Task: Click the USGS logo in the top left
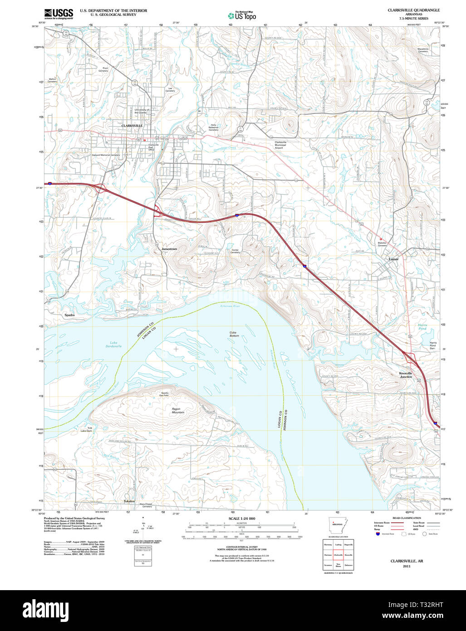59,14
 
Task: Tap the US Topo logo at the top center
242,15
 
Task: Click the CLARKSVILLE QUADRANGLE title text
413,10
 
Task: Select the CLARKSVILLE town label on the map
132,125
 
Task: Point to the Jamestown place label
169,249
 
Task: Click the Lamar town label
394,259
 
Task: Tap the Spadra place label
69,315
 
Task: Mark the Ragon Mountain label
178,410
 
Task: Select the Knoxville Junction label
406,375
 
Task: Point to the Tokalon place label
129,501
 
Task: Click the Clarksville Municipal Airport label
280,145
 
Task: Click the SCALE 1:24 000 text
242,518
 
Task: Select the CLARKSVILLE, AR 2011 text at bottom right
403,563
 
